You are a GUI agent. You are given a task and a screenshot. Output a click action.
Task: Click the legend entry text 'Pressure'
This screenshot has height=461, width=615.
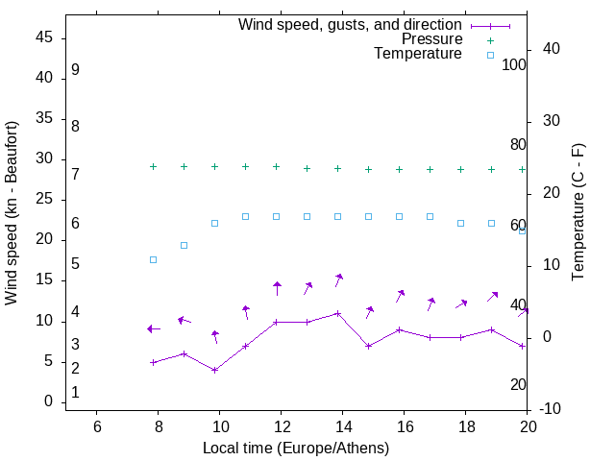click(431, 39)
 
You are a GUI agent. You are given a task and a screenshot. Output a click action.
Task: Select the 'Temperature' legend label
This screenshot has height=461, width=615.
click(418, 55)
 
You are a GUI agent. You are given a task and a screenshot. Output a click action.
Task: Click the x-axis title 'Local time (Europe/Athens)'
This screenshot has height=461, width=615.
click(296, 448)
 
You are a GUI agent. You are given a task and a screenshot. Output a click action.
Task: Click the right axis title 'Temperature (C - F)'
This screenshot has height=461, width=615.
click(578, 213)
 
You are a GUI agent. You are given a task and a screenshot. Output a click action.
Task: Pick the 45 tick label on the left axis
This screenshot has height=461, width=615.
click(44, 38)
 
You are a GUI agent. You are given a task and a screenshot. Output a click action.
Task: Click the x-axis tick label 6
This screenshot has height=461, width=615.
click(96, 426)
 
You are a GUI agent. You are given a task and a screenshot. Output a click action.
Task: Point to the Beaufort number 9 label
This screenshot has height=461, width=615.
click(75, 70)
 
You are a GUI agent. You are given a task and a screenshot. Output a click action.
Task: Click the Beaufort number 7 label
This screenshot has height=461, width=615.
click(75, 174)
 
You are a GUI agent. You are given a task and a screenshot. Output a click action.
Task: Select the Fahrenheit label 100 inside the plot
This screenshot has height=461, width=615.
click(514, 65)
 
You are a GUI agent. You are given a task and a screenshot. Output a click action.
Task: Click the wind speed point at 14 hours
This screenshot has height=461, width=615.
click(337, 313)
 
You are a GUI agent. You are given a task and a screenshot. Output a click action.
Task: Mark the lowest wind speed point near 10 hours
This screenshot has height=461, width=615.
click(214, 370)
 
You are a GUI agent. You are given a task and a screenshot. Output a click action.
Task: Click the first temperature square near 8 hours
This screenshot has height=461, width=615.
click(153, 260)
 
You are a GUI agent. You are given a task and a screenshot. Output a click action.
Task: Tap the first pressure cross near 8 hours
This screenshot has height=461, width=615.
click(153, 166)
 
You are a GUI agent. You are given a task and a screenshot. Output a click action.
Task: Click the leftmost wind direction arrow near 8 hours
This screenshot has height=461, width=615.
click(153, 328)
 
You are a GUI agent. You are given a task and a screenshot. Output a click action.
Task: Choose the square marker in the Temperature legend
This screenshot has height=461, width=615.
click(490, 55)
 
